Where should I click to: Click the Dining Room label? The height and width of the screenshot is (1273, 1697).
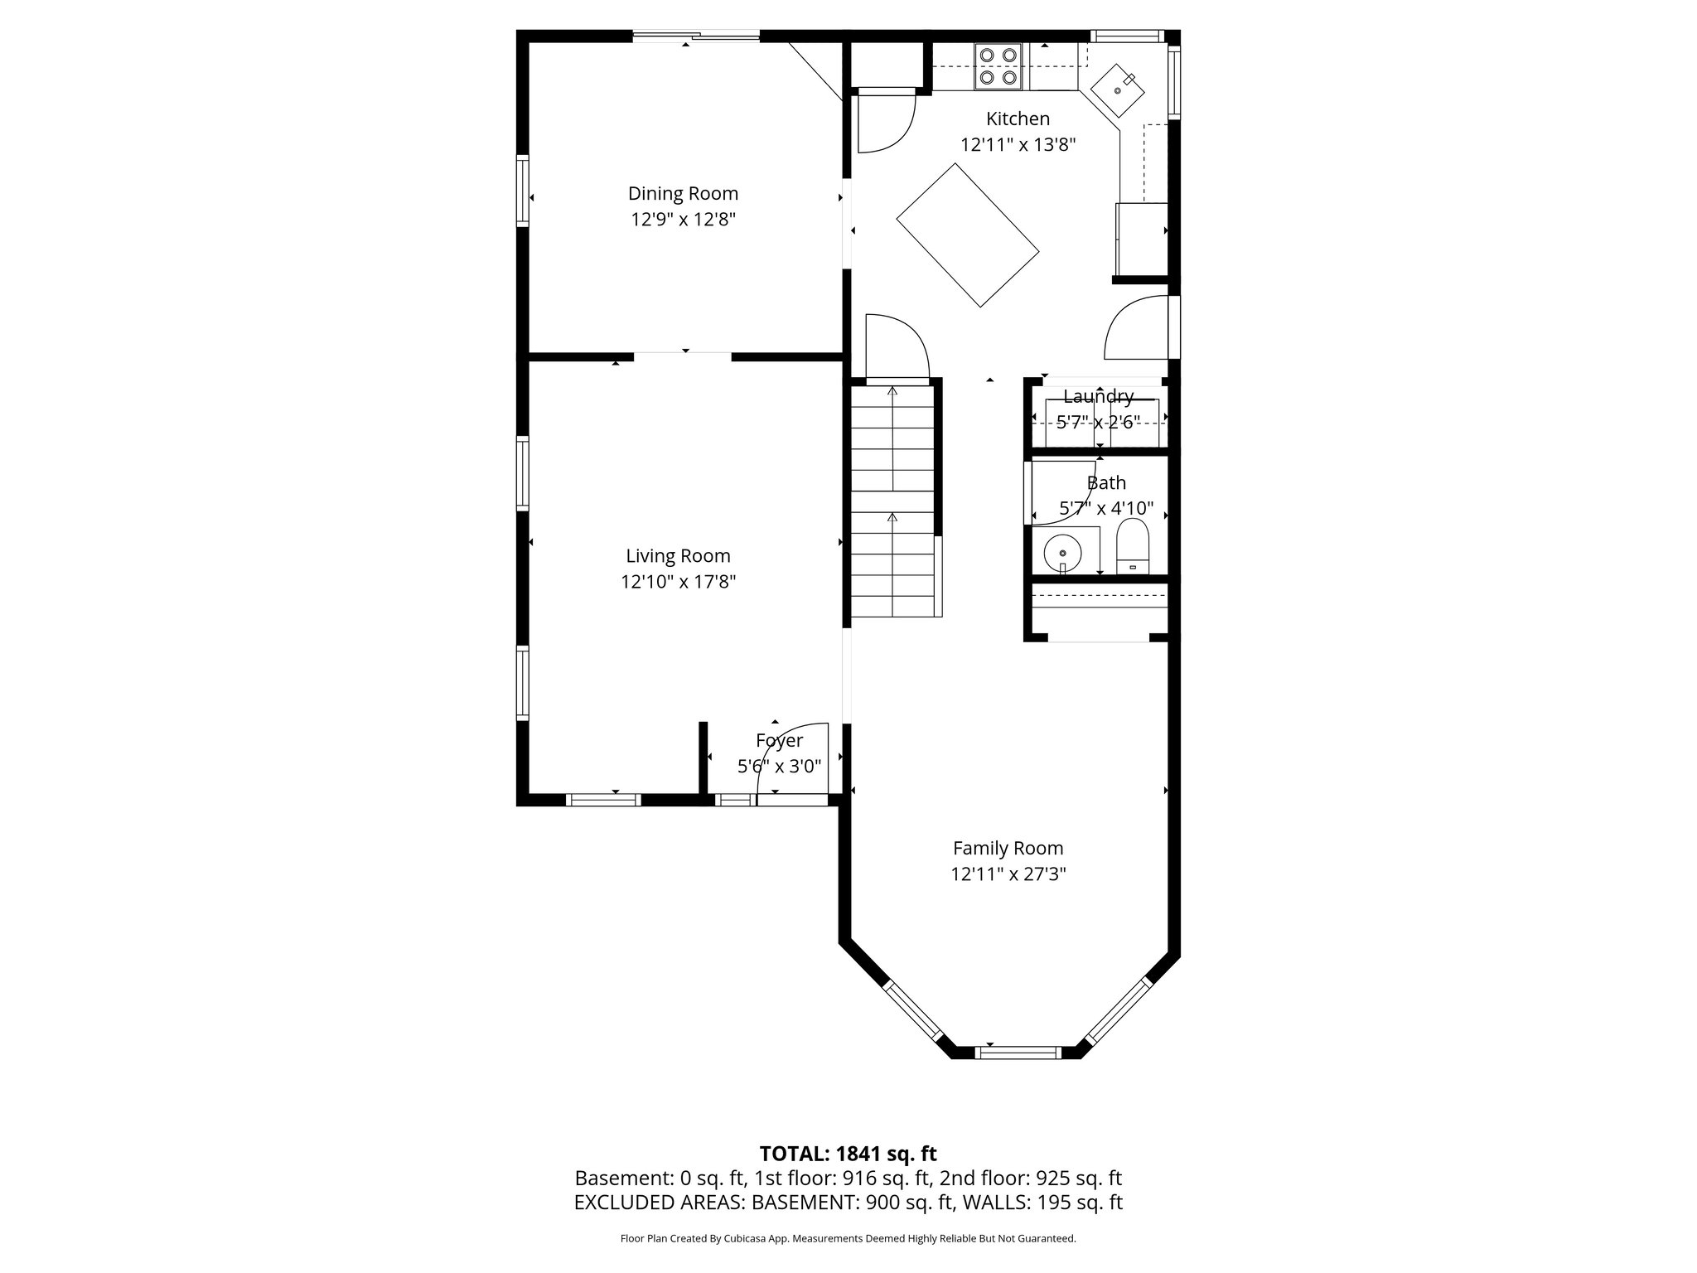[683, 194]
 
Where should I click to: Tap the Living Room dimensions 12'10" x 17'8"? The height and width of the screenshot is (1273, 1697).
[678, 582]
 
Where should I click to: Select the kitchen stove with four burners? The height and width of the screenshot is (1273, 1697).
[998, 66]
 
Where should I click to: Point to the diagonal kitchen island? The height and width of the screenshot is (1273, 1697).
[967, 235]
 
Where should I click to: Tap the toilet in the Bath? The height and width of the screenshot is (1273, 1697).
[1133, 547]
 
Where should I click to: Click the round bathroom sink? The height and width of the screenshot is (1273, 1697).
[1062, 552]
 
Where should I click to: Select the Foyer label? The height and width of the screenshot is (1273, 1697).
[779, 740]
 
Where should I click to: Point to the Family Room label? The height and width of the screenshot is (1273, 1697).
[1008, 848]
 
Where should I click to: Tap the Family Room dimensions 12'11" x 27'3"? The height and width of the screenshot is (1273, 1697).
[1008, 874]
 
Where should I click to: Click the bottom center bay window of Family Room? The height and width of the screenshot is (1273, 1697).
[1018, 1053]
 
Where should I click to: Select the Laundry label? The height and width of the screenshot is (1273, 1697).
[1098, 396]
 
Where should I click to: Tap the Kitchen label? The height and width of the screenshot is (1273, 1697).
[1018, 119]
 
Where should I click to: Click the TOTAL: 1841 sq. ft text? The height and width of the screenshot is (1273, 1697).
[848, 1154]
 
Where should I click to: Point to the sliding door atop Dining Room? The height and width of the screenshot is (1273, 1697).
[696, 36]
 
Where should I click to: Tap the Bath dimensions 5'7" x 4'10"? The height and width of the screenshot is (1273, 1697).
[1106, 508]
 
